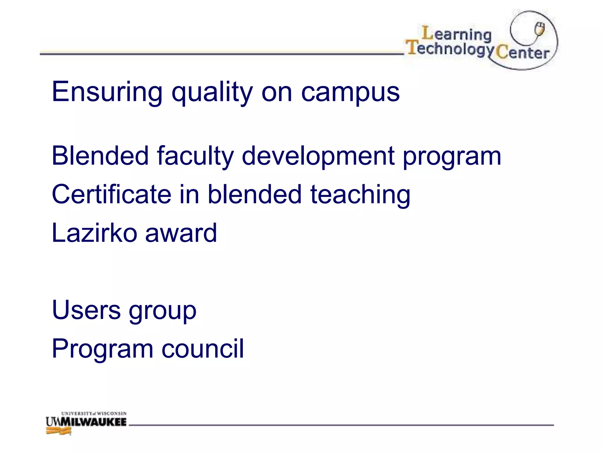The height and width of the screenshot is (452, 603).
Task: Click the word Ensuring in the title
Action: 107,92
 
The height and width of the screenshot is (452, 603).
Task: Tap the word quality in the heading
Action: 212,94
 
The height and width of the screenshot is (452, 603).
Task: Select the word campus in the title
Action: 350,94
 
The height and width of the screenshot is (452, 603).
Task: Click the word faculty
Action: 195,157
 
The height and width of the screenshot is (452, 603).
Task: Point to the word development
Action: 318,157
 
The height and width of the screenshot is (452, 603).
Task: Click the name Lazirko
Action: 94,233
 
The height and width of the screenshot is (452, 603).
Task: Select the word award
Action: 181,233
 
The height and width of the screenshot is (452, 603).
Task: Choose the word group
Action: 163,312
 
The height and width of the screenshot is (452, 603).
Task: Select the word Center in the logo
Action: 522,53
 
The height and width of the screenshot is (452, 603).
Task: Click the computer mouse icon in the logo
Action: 540,29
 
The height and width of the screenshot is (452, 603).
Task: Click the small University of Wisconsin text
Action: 94,413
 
